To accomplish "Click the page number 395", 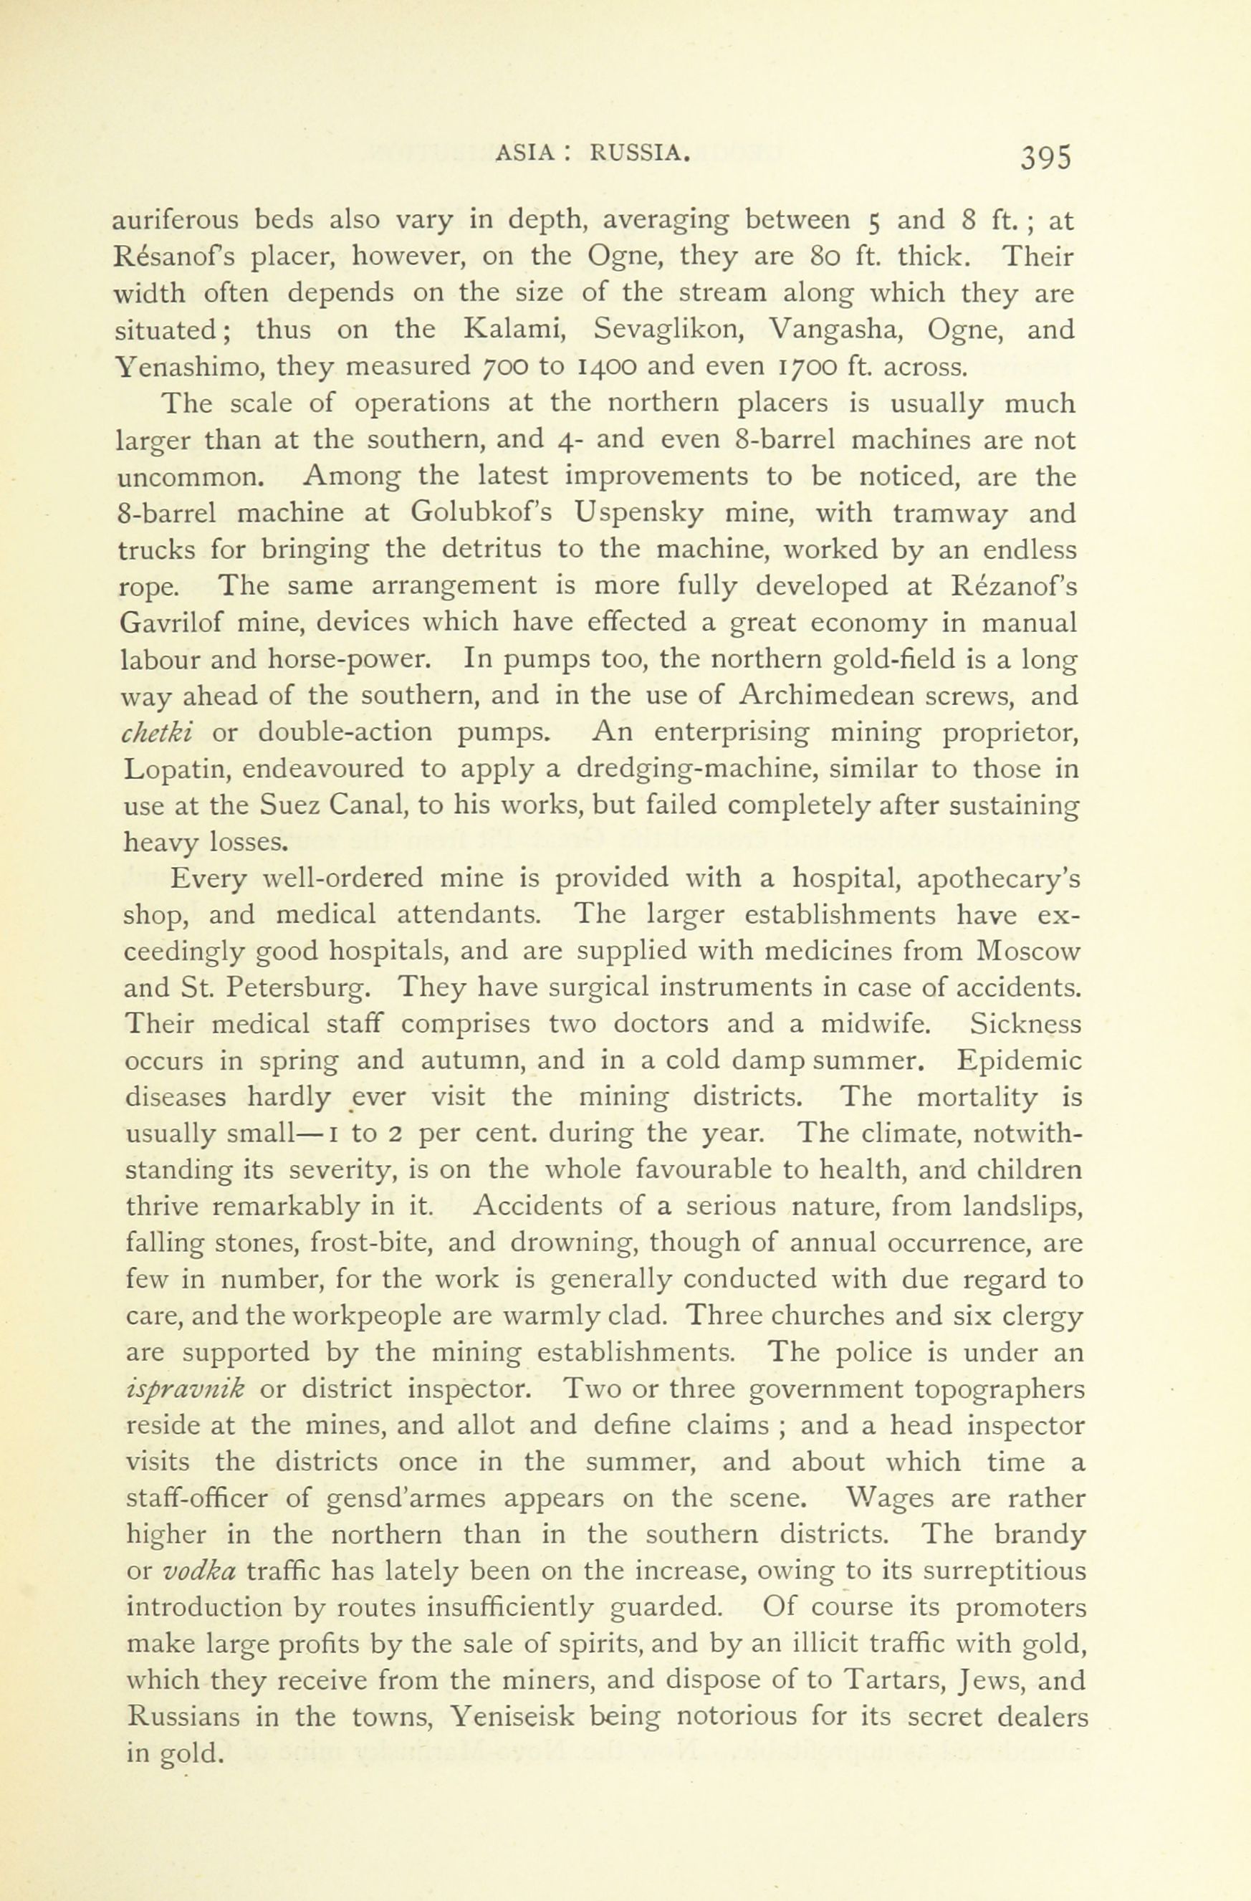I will point(1043,158).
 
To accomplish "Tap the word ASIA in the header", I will point(523,152).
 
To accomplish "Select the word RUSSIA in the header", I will point(639,152).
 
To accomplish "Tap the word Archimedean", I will point(827,696).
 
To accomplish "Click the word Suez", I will point(286,805).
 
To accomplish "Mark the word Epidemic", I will point(1019,1060).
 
